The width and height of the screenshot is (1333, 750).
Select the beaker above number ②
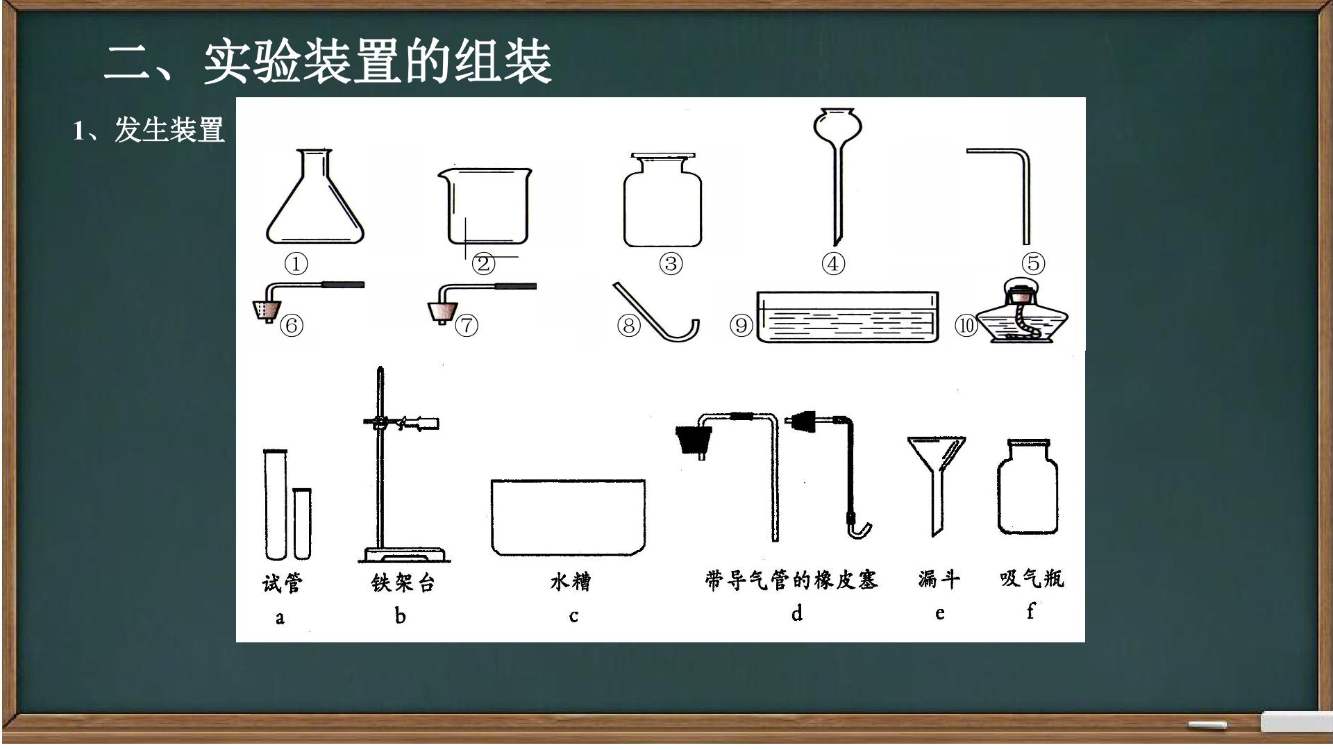click(485, 206)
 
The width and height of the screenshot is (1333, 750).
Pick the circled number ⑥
click(292, 325)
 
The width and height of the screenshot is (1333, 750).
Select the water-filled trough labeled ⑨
click(847, 317)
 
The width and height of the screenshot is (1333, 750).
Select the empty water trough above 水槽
click(568, 517)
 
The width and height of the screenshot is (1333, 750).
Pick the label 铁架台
click(403, 582)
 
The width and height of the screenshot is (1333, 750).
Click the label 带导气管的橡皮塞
click(791, 580)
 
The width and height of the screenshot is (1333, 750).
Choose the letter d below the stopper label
click(797, 612)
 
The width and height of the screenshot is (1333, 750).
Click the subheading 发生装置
click(169, 130)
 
